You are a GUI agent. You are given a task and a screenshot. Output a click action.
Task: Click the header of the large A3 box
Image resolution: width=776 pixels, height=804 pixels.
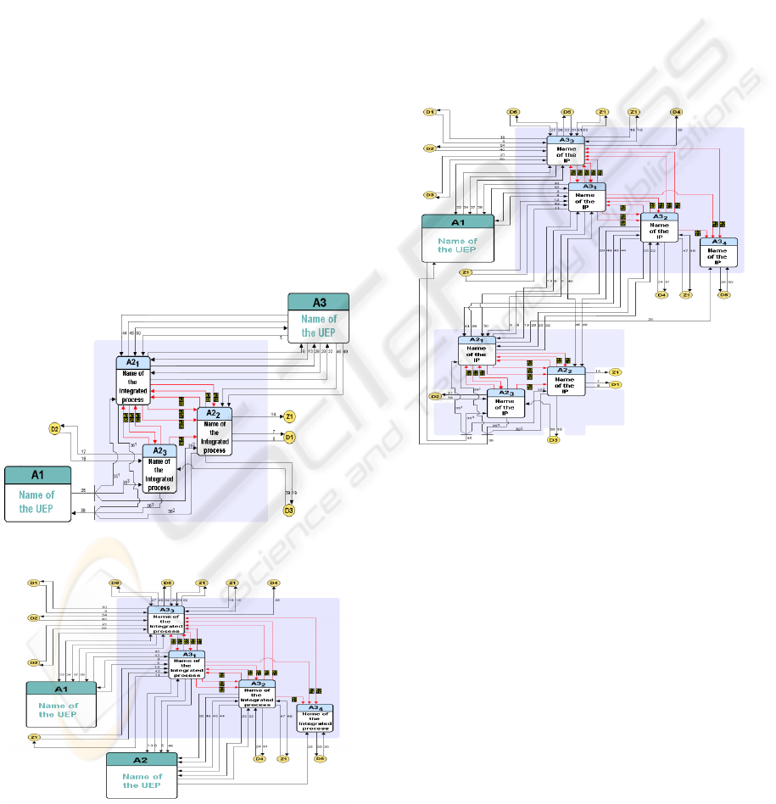(x=319, y=302)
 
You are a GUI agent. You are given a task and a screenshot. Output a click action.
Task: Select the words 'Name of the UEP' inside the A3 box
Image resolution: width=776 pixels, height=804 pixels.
(x=319, y=326)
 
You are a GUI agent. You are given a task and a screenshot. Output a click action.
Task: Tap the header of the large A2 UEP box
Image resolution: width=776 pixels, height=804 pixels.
(x=142, y=759)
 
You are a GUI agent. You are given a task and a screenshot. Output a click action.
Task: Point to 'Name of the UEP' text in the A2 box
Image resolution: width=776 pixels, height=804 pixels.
(x=142, y=781)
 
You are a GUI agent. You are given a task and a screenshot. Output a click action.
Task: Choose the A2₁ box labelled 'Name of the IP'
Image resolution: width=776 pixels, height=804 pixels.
(x=476, y=355)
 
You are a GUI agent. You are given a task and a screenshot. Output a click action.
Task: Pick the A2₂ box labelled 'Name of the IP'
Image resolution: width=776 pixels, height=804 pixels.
(x=565, y=381)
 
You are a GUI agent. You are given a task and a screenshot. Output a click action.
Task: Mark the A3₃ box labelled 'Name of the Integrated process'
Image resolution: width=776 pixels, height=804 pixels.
(x=165, y=623)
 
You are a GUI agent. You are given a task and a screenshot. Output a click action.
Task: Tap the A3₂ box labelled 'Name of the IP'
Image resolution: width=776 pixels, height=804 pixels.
(x=659, y=226)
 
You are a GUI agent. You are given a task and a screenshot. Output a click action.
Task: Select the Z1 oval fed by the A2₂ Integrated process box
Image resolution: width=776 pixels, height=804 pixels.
(x=289, y=416)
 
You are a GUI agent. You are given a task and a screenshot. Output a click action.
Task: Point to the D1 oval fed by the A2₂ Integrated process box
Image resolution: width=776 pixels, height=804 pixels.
(x=289, y=438)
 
